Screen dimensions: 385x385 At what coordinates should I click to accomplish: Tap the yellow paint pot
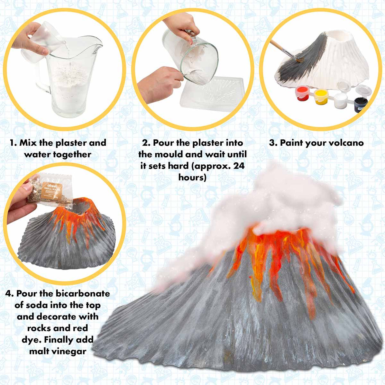tap(321, 96)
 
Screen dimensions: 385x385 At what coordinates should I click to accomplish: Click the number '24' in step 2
tap(238, 166)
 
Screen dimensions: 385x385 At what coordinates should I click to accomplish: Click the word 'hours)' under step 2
tap(192, 177)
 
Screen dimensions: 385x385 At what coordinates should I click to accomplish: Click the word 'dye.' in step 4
tap(32, 340)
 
